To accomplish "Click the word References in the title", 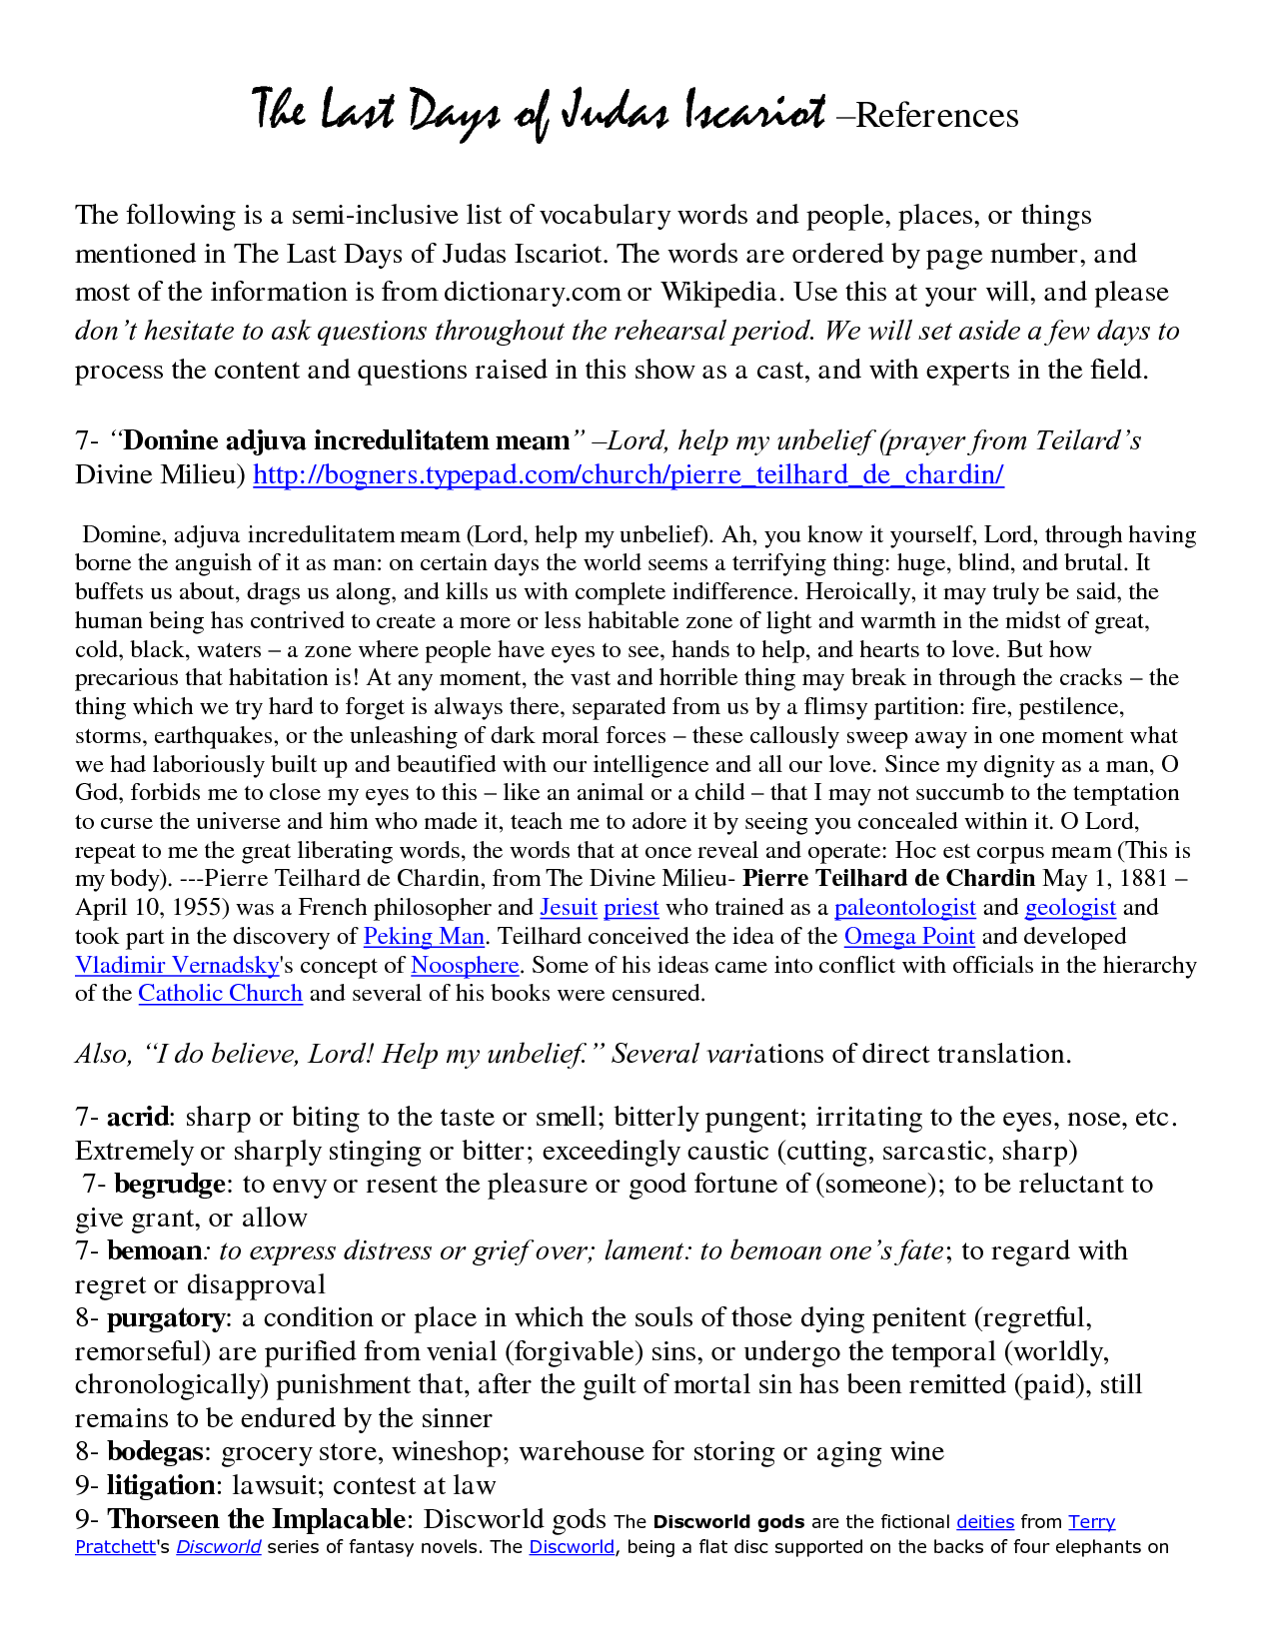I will (x=937, y=116).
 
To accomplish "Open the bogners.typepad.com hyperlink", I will (x=628, y=474).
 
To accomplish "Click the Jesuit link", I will (x=568, y=908).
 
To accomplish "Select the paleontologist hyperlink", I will (x=904, y=908).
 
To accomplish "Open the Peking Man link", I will (x=424, y=937).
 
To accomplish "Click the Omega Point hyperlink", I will (x=908, y=937).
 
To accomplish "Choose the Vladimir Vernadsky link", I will (x=176, y=966).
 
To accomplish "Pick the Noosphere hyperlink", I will (x=465, y=966).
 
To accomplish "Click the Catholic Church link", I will (x=220, y=994).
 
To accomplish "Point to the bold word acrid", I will (x=138, y=1118).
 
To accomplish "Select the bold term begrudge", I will (x=170, y=1185).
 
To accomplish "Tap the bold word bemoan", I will (x=154, y=1251).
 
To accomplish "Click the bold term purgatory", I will (x=166, y=1318).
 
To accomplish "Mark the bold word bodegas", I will (x=158, y=1452).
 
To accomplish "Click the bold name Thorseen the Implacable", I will (x=256, y=1520).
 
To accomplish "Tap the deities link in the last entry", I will (x=984, y=1522).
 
